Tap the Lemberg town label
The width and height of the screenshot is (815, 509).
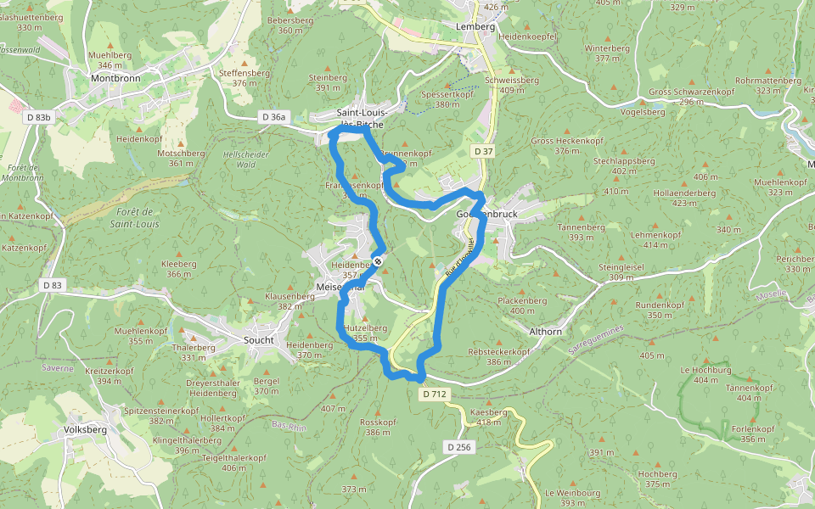tap(475, 26)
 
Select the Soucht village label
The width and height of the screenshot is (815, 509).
tap(259, 340)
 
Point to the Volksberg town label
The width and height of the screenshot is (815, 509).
tap(85, 429)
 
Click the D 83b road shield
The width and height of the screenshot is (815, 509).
tap(37, 117)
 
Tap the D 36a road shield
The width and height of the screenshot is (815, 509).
tap(274, 116)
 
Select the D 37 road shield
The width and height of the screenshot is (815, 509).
tap(483, 151)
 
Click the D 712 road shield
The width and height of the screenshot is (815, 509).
tap(434, 394)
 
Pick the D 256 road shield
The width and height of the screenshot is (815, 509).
tap(458, 446)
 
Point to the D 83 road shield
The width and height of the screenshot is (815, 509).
tap(52, 285)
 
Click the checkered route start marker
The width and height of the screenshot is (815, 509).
tap(378, 261)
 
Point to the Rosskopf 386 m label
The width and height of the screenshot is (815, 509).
tap(379, 427)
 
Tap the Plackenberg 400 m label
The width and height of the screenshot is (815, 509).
tap(522, 305)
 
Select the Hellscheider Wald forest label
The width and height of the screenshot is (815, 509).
tap(245, 159)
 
